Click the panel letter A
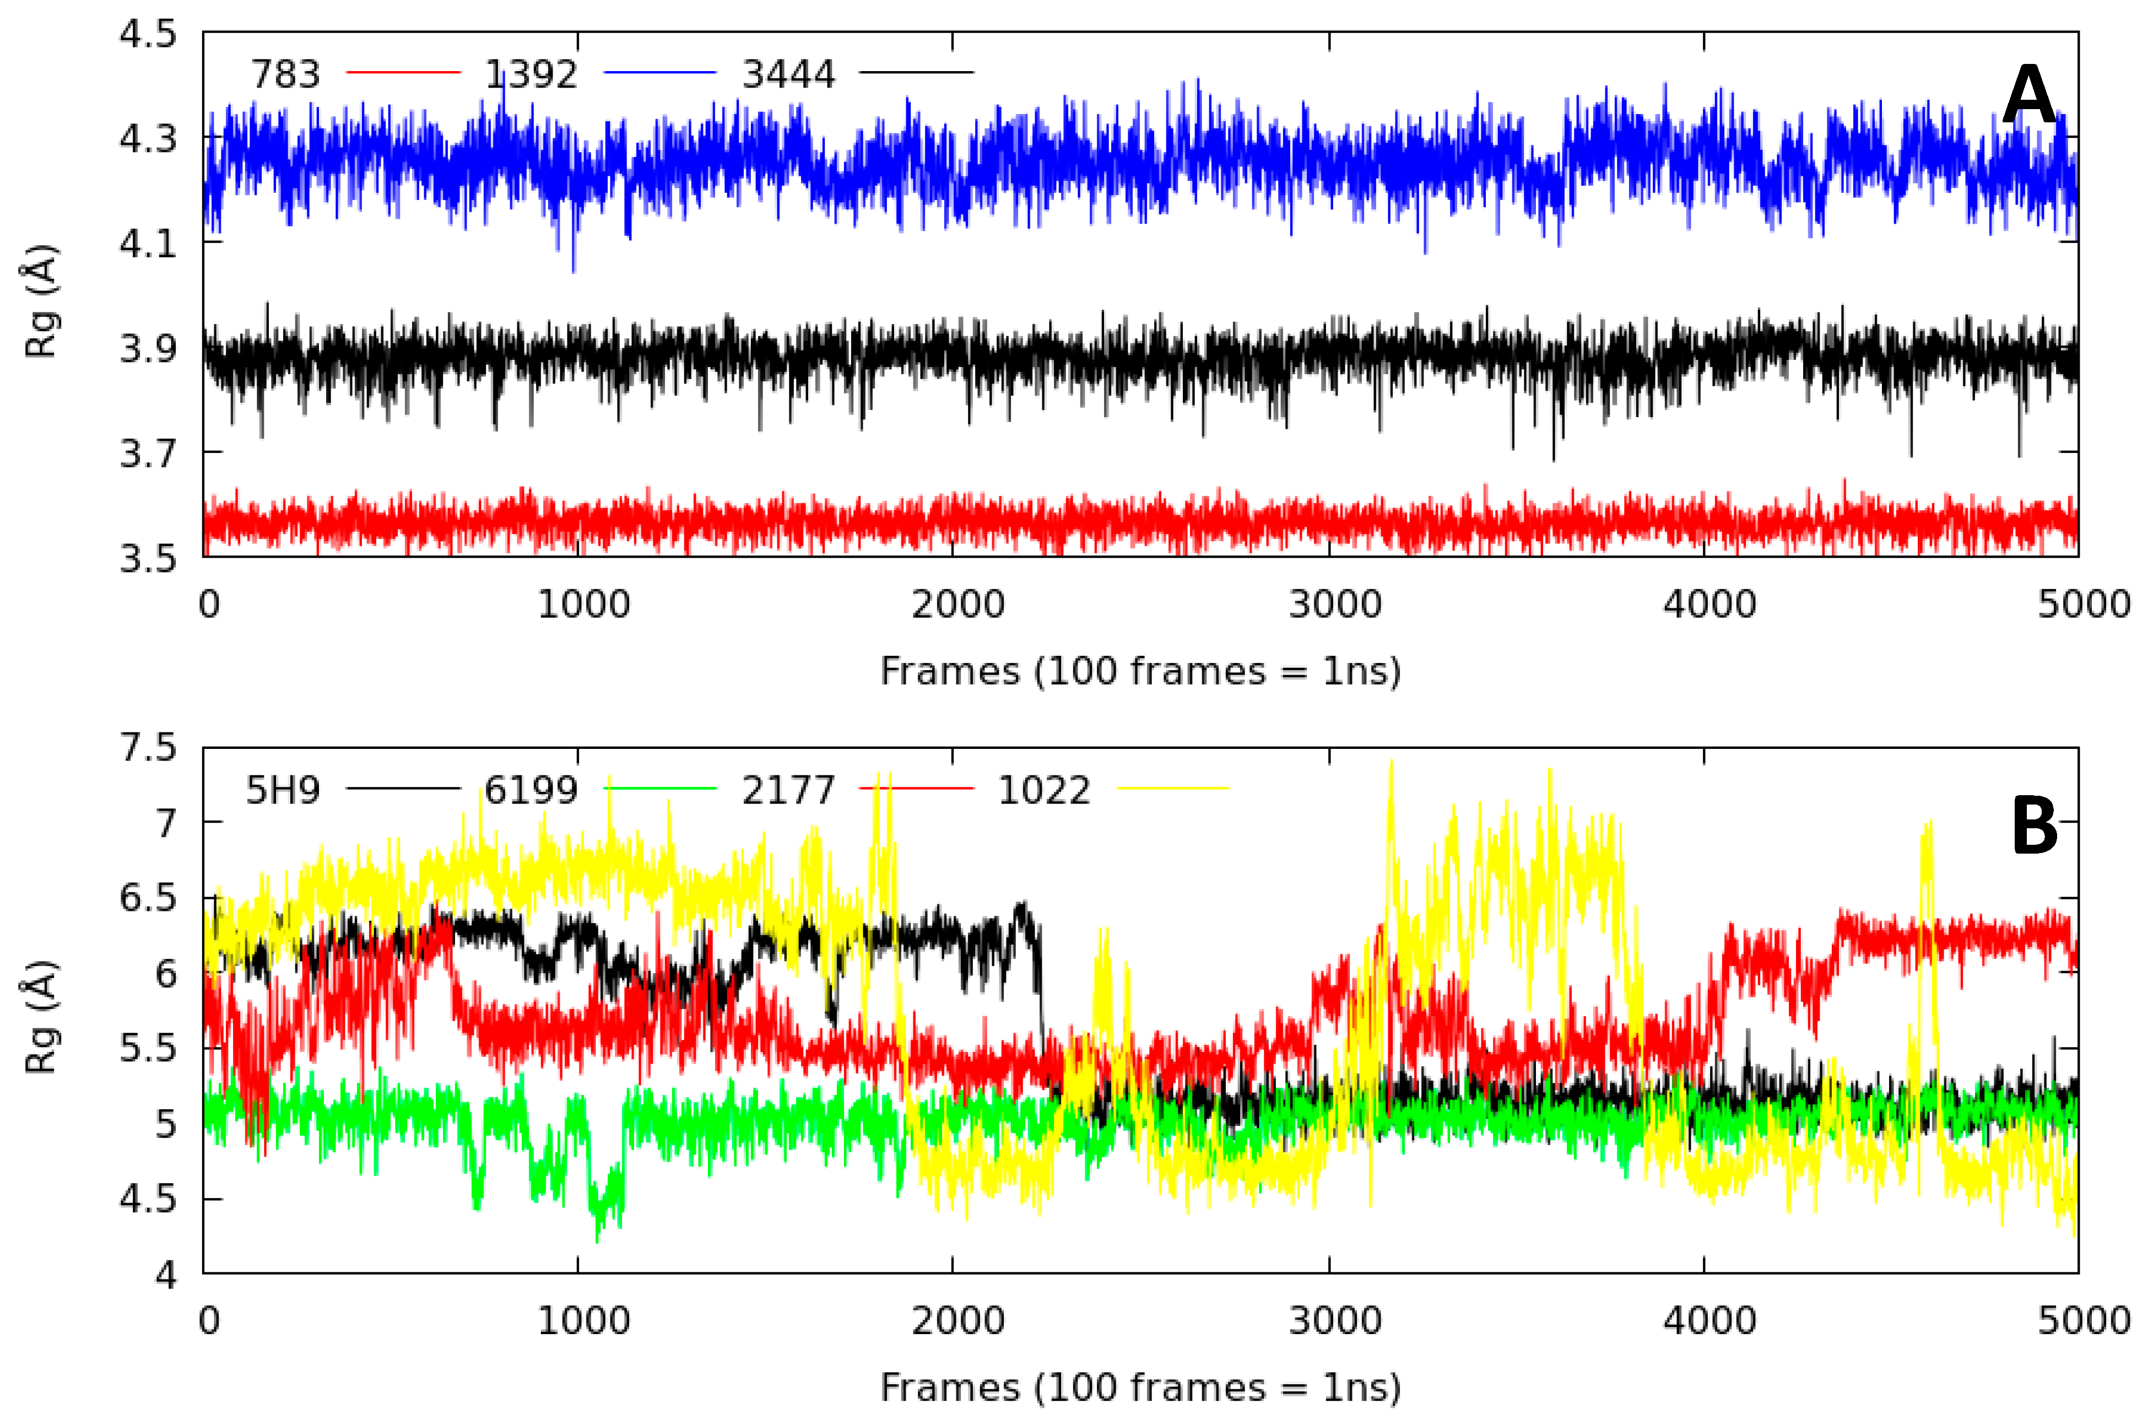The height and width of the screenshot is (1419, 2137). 2030,96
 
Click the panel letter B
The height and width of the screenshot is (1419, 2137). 2034,826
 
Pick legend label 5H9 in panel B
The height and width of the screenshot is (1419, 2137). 283,791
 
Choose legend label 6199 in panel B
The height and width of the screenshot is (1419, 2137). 531,791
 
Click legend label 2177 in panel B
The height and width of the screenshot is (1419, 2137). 788,791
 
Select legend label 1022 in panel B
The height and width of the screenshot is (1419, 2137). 1044,791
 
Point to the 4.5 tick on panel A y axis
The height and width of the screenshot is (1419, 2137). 148,34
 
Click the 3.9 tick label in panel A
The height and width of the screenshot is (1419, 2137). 148,348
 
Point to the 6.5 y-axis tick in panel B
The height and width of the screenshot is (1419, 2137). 148,899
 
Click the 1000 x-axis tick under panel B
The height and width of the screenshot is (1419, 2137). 583,1321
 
